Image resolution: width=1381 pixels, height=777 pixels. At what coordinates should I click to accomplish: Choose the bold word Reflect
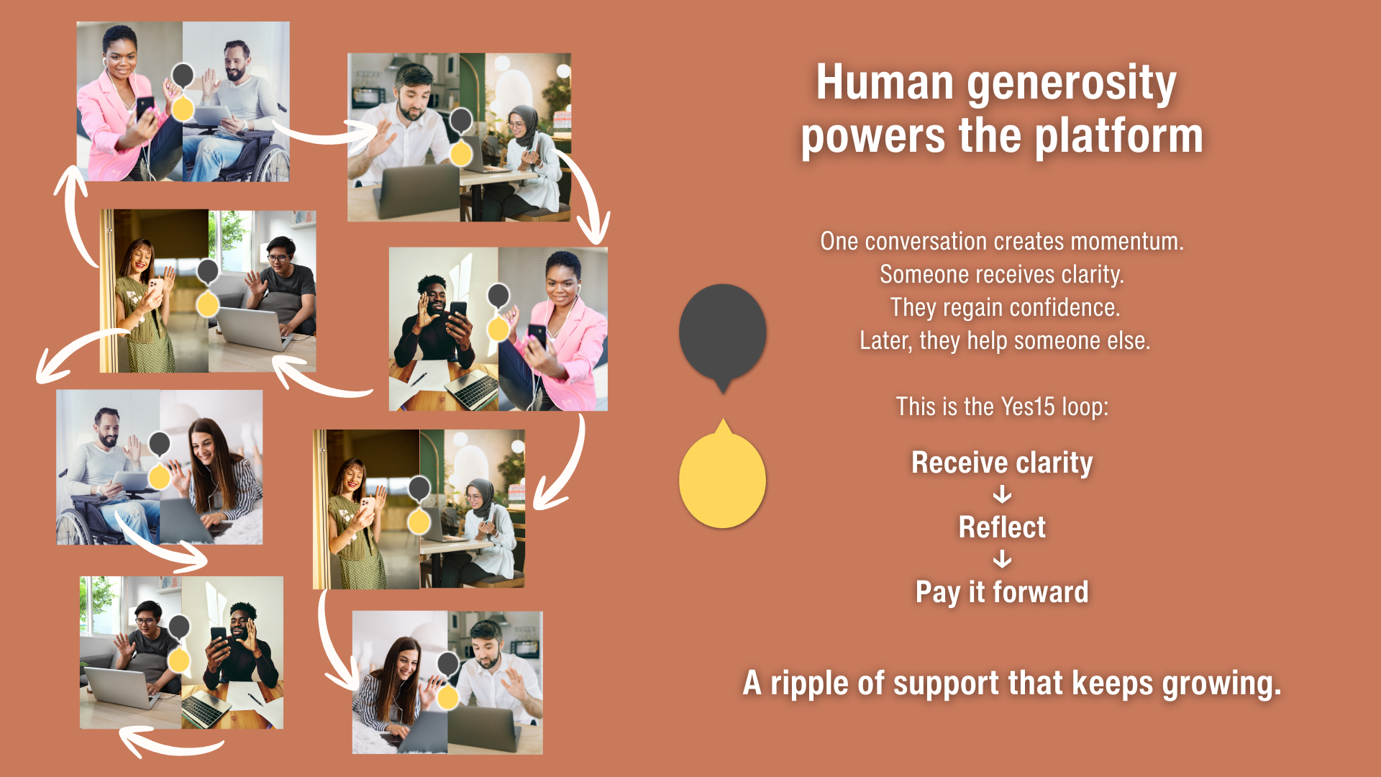point(1002,527)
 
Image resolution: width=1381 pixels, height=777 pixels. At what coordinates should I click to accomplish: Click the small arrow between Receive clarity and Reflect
point(1002,495)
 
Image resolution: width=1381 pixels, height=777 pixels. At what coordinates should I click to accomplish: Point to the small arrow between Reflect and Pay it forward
point(1002,559)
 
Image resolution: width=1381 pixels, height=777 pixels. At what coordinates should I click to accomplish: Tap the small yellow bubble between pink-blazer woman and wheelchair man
point(183,108)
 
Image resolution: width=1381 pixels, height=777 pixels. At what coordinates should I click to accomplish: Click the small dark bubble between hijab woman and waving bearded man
point(460,120)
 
